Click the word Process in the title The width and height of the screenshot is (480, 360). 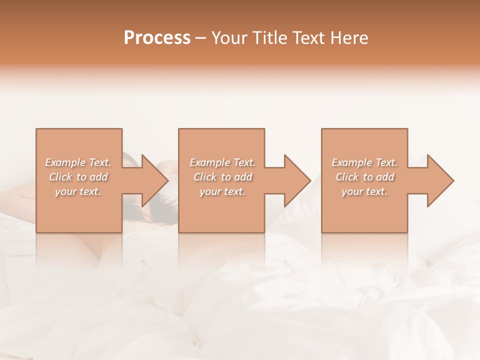pos(157,38)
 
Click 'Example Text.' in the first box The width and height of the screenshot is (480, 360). pos(78,162)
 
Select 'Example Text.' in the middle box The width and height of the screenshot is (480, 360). pos(222,162)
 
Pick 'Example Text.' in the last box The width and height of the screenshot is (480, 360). pos(364,162)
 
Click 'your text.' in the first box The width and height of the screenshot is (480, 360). pos(78,191)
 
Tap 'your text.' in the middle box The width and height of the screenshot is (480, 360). pos(222,191)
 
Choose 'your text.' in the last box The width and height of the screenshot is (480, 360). pos(364,191)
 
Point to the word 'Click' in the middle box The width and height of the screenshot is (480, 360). pos(205,177)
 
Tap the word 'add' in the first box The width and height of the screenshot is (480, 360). pos(98,177)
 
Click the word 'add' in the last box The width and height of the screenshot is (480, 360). pos(385,177)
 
